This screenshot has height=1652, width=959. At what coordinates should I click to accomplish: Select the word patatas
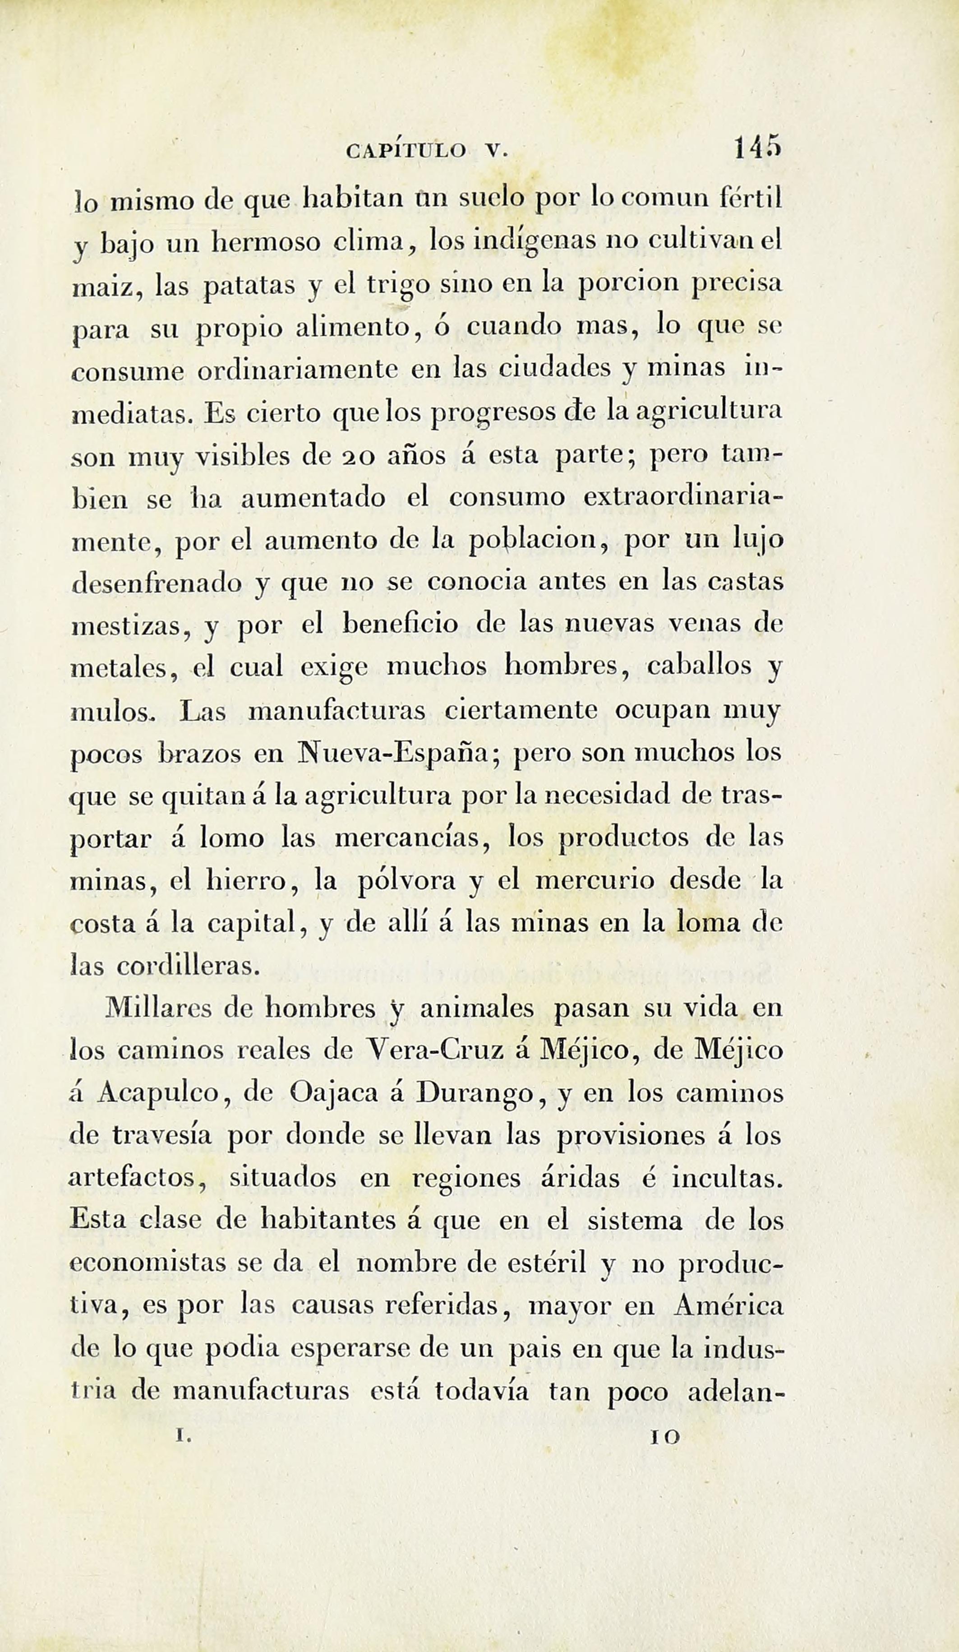[249, 287]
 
